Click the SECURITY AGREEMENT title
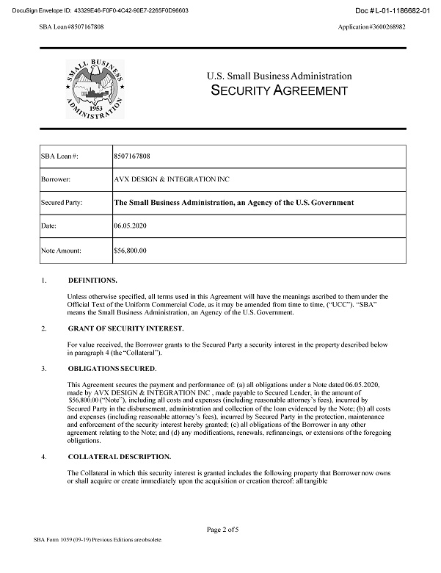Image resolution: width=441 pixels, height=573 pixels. point(279,91)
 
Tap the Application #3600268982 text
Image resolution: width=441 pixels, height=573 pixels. point(372,26)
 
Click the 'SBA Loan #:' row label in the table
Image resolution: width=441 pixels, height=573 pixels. point(59,156)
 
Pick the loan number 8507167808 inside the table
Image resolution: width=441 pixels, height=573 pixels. point(133,156)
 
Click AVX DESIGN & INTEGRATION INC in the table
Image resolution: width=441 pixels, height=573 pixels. point(165,179)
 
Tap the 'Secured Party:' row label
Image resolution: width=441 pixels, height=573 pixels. point(61,202)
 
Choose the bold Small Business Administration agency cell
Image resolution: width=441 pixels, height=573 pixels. point(233,202)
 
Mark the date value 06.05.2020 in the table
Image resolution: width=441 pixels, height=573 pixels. point(129,226)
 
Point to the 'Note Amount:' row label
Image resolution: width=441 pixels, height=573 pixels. point(62,251)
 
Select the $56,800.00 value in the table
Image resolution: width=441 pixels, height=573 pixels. point(131,251)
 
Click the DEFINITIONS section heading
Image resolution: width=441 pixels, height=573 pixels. point(92,281)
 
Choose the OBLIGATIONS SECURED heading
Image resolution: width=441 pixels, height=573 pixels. point(112,367)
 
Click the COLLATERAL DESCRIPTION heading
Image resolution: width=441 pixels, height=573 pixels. point(119,456)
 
